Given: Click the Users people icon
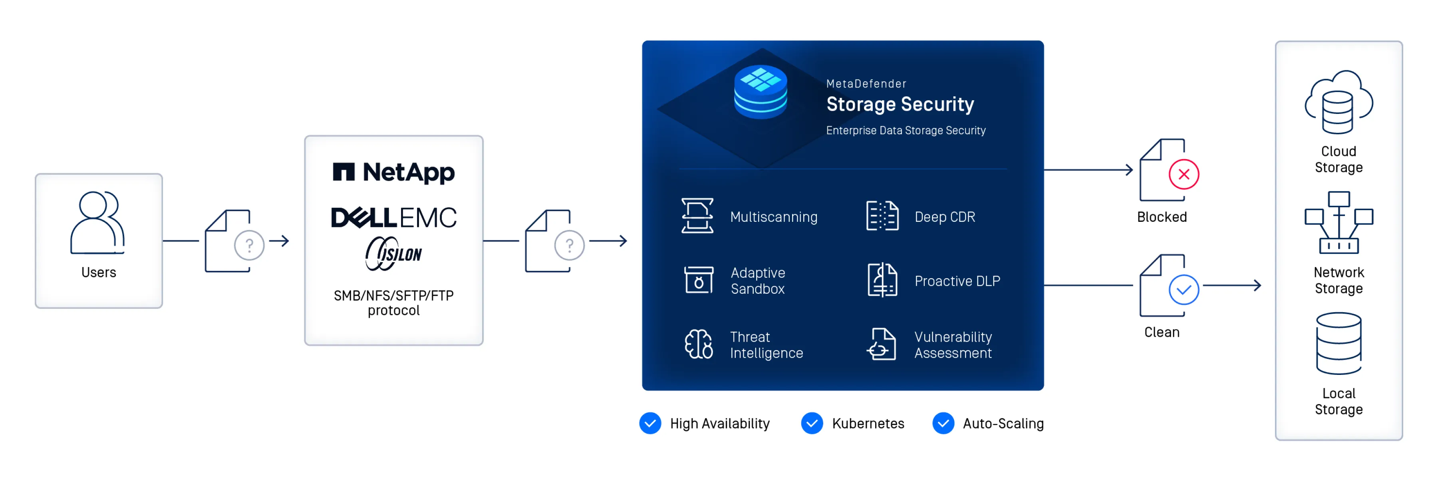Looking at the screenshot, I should [98, 222].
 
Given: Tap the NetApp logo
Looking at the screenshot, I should [393, 173].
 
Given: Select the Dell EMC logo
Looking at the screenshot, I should [393, 217].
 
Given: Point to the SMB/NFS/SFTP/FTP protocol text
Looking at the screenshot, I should [393, 303].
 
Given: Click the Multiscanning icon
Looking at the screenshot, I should [697, 215].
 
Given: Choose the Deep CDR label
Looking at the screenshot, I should [945, 217].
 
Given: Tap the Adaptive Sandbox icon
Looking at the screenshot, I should [698, 280].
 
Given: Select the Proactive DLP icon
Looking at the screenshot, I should [882, 280].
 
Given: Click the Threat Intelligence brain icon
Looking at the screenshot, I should [698, 344].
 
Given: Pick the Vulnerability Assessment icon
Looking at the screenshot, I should [882, 344].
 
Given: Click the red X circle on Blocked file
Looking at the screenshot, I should [1184, 174].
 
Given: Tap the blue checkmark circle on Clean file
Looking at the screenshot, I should [1184, 289].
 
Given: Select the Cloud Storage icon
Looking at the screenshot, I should [1338, 102].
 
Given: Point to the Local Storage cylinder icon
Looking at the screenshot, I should [1338, 343].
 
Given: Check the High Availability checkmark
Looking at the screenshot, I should [650, 423].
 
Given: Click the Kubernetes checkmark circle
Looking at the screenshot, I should [812, 423].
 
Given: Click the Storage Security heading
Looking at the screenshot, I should [900, 104].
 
